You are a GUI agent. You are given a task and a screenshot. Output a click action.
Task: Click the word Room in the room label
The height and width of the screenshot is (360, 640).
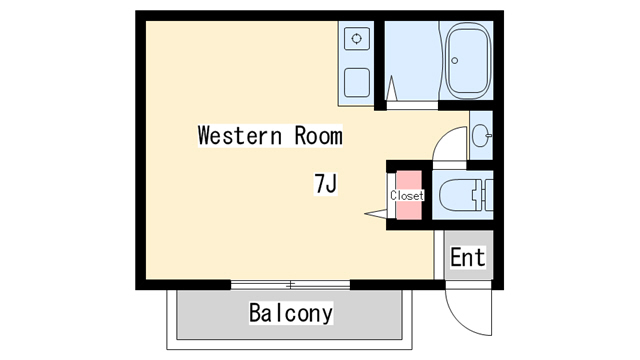(x=318, y=135)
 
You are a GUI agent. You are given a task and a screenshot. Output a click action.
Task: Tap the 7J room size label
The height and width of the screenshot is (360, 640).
(x=324, y=184)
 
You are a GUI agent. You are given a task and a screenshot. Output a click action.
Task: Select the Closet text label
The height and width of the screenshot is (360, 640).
(x=407, y=196)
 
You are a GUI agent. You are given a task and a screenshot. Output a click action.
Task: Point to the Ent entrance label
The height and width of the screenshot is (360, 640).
(x=467, y=258)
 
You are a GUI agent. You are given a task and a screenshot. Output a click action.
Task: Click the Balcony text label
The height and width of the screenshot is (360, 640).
(x=290, y=313)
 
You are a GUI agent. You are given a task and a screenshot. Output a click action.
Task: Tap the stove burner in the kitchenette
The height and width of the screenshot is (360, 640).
(x=356, y=40)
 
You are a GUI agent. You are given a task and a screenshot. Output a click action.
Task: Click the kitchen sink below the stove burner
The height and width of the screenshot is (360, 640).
(x=356, y=80)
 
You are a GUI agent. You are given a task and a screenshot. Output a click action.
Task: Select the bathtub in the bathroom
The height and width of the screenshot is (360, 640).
(x=466, y=60)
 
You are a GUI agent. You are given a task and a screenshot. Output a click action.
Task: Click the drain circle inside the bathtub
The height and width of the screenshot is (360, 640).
(x=456, y=58)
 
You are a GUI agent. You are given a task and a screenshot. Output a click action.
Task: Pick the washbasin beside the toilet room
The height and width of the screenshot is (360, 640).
(x=480, y=135)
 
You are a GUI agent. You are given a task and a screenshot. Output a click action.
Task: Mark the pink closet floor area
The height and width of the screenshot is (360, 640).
(x=407, y=180)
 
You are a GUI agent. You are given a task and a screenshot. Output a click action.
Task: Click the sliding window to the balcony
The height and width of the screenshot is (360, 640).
(x=290, y=285)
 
